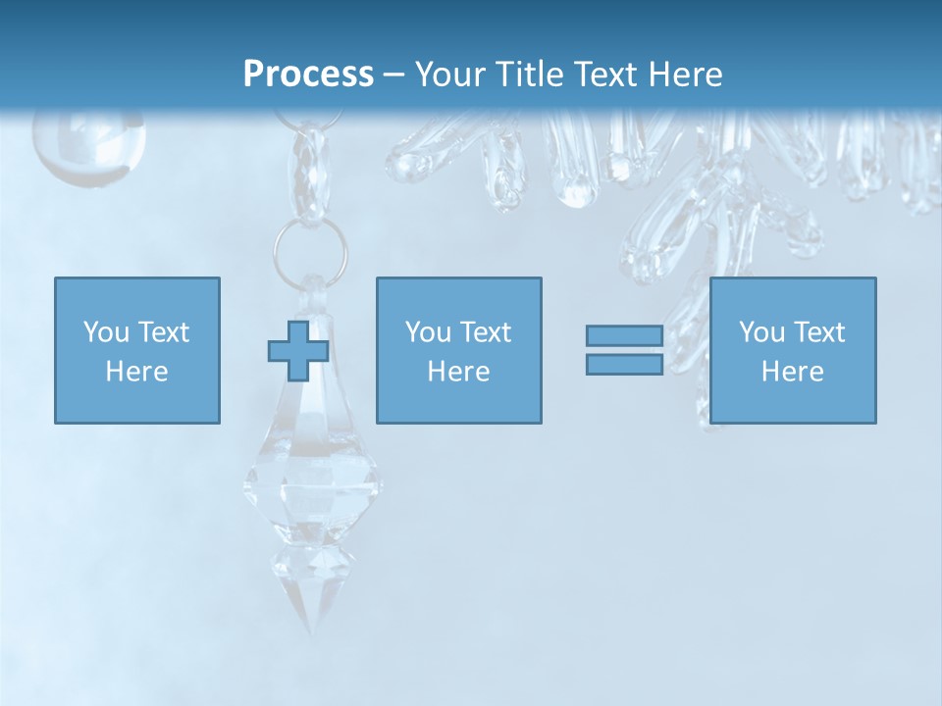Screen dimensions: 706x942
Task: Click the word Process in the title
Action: (308, 74)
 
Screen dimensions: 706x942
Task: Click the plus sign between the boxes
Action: (298, 350)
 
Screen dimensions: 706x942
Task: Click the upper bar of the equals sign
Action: (624, 336)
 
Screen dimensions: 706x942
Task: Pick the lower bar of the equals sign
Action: (624, 364)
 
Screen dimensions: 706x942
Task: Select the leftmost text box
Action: (136, 350)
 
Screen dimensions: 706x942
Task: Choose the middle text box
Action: (458, 350)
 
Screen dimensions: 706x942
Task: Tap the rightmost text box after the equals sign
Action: (792, 350)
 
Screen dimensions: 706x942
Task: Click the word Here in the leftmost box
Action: (136, 372)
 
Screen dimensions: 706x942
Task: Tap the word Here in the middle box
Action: (458, 372)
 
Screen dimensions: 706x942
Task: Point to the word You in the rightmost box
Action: (761, 332)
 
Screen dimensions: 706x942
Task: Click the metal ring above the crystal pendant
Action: (310, 247)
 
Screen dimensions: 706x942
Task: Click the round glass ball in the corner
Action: (88, 142)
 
